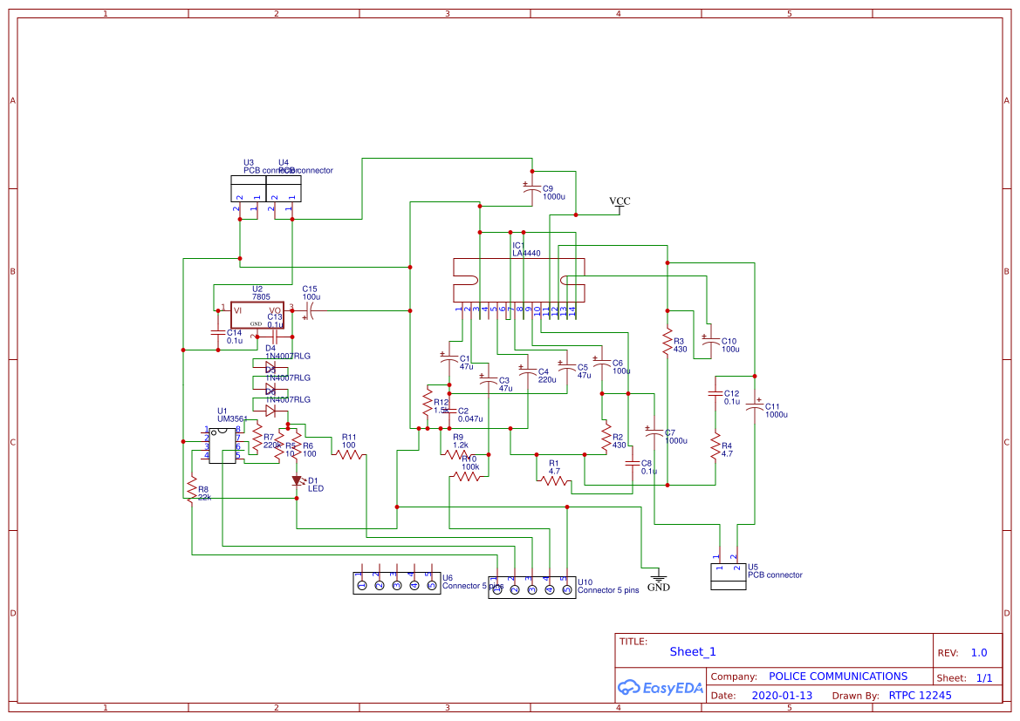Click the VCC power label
tap(620, 201)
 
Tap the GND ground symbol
tap(659, 578)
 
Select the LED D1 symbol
tap(297, 480)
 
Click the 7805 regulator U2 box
tap(257, 316)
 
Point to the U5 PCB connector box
tap(729, 576)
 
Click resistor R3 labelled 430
tap(667, 342)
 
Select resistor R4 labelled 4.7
tap(715, 446)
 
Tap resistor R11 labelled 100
tap(350, 453)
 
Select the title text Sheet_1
tap(693, 651)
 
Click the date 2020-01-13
tap(782, 696)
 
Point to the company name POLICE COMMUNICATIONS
tap(838, 677)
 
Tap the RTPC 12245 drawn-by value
tap(920, 696)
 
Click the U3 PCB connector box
tap(248, 188)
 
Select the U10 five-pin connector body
tap(531, 590)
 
